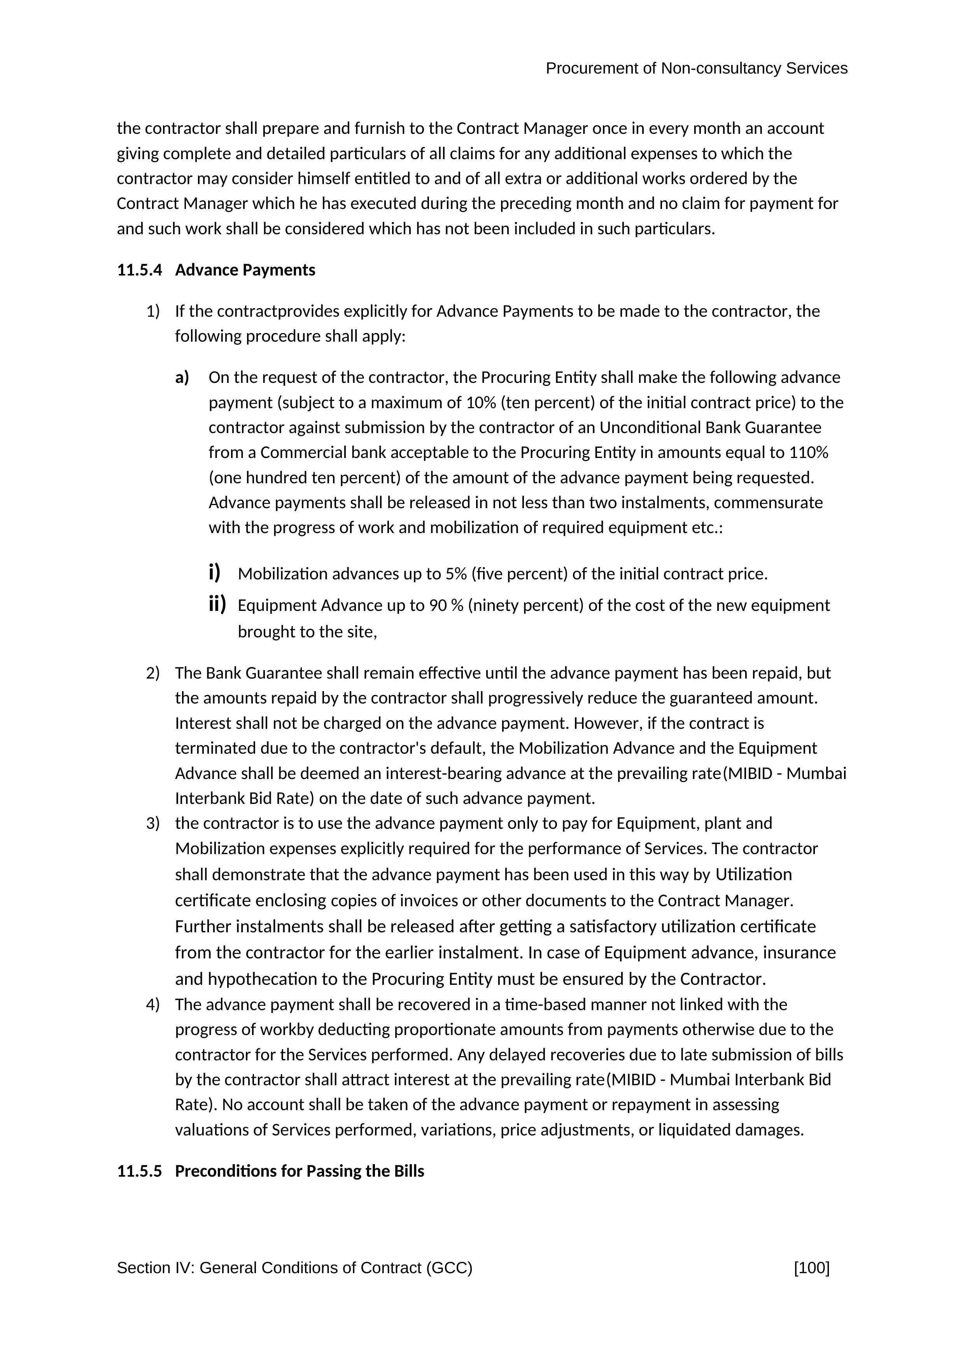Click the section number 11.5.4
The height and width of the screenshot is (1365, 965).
coord(139,270)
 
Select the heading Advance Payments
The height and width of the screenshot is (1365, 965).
coord(245,270)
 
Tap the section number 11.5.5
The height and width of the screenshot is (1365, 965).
coord(139,1171)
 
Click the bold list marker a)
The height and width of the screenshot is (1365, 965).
coord(182,377)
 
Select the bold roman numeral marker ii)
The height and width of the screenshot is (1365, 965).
coord(217,605)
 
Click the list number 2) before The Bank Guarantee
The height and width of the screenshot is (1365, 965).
coord(153,673)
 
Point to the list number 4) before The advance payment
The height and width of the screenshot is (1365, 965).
coord(153,1005)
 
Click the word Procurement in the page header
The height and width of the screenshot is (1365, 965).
coord(592,69)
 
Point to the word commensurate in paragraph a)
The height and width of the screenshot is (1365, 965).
coord(768,503)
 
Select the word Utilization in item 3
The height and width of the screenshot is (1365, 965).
coord(753,875)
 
